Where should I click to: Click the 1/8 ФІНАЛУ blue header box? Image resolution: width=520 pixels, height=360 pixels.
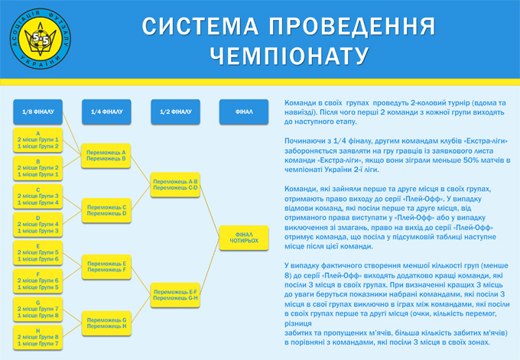click(37, 111)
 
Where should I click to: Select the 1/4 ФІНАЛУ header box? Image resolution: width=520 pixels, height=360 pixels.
click(106, 111)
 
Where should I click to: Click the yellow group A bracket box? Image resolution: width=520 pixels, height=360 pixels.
click(37, 139)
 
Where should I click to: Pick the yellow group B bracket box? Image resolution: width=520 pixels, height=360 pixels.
click(37, 167)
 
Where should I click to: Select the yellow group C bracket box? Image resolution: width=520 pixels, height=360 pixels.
click(37, 196)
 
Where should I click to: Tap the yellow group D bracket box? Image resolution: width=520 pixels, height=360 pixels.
click(37, 224)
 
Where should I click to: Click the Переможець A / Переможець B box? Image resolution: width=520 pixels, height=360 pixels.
click(106, 155)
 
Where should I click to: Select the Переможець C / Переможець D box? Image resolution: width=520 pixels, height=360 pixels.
click(106, 209)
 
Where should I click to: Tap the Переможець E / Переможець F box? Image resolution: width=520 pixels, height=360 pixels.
click(106, 266)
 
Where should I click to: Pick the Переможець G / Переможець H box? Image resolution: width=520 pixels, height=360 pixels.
click(106, 322)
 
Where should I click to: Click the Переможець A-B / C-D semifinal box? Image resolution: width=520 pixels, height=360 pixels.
click(175, 183)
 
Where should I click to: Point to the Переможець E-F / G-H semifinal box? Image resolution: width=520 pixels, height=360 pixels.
click(175, 294)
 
